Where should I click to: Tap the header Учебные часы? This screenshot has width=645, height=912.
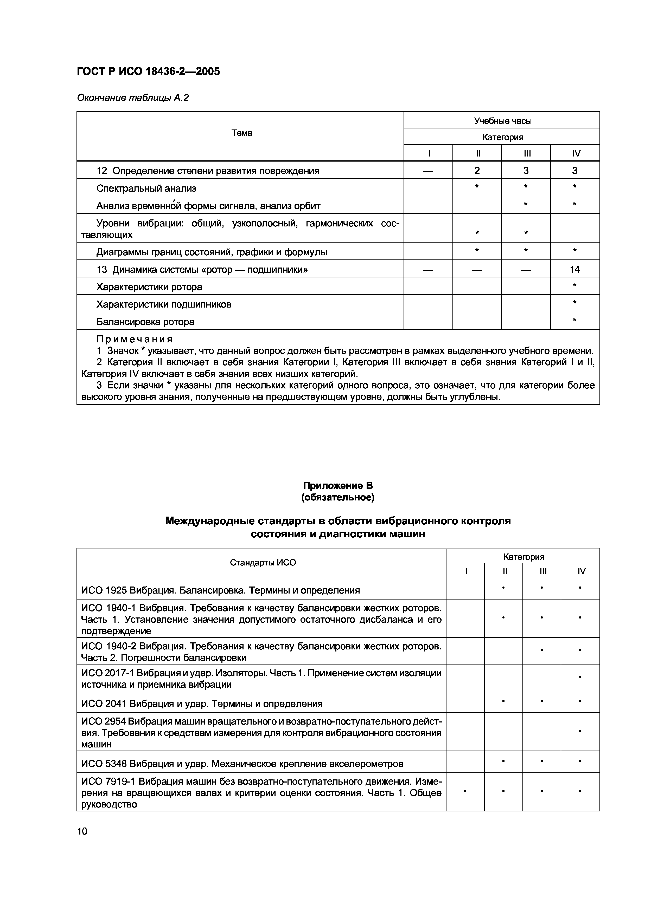pyautogui.click(x=502, y=121)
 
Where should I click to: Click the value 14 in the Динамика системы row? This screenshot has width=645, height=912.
pyautogui.click(x=575, y=270)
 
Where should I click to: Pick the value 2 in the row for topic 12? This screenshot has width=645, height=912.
pyautogui.click(x=477, y=171)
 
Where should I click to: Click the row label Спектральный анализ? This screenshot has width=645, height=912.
pyautogui.click(x=146, y=188)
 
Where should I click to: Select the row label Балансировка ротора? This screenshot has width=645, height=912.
pyautogui.click(x=145, y=322)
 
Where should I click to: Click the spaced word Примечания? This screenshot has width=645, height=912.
pyautogui.click(x=135, y=339)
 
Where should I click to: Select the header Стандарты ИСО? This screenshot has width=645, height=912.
pyautogui.click(x=263, y=562)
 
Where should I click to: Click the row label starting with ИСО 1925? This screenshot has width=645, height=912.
pyautogui.click(x=221, y=590)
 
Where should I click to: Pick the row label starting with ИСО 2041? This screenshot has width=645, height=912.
pyautogui.click(x=202, y=703)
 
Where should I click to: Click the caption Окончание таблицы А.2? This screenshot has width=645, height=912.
pyautogui.click(x=133, y=98)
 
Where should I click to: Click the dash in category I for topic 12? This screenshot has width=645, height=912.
pyautogui.click(x=428, y=171)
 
